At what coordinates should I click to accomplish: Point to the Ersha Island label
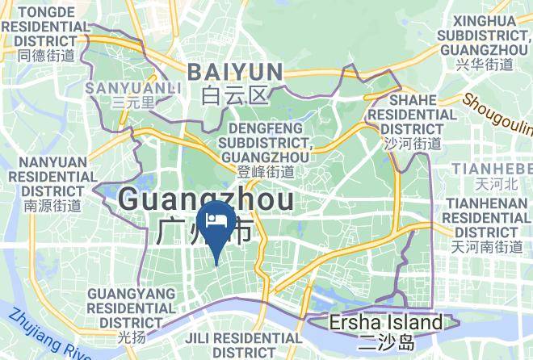point(386,323)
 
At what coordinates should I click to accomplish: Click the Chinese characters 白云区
point(234,96)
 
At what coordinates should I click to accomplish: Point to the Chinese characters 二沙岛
point(386,342)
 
